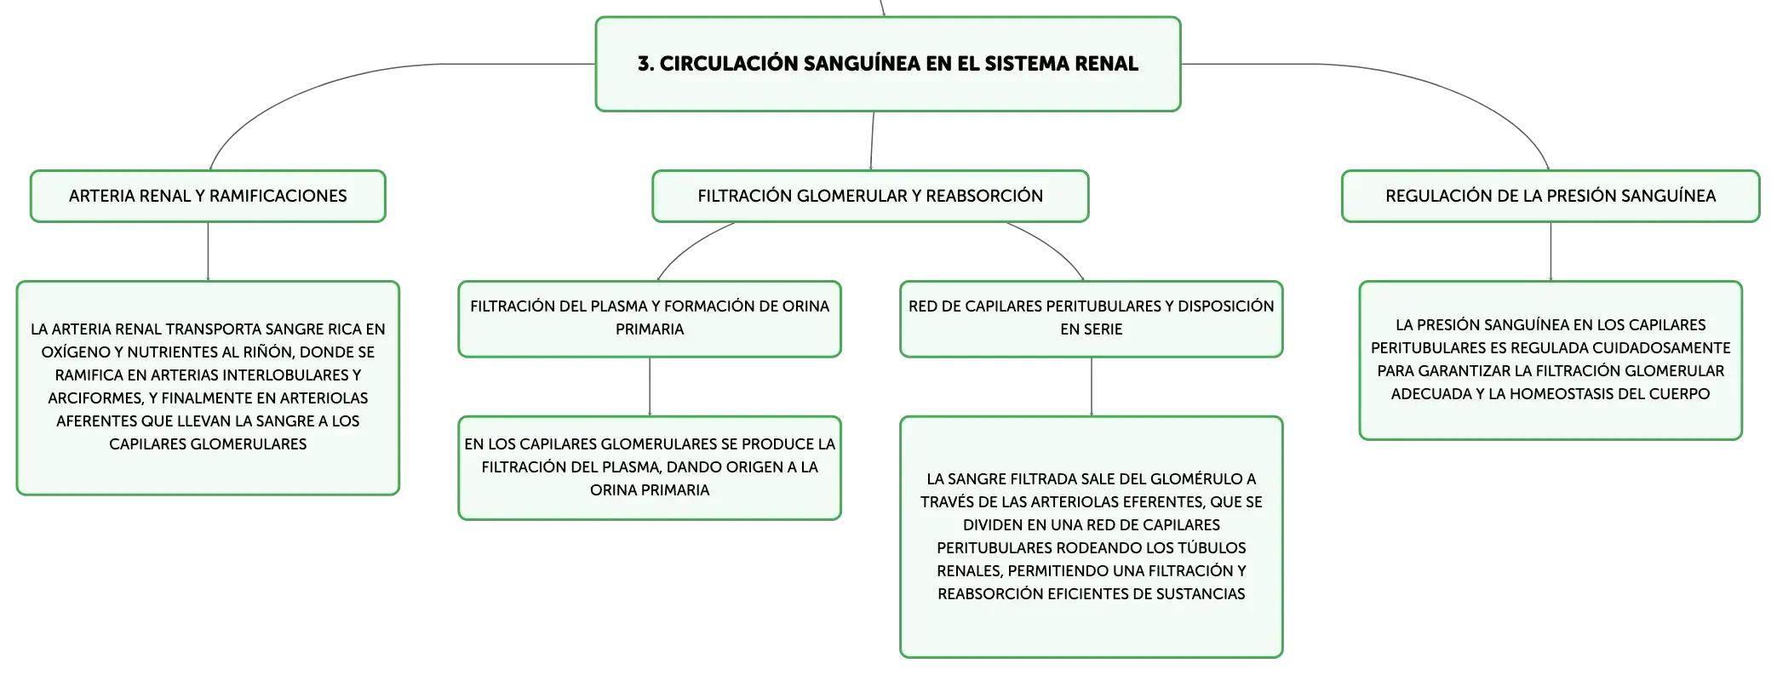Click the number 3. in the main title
pyautogui.click(x=646, y=64)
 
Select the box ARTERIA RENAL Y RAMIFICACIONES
pyautogui.click(x=208, y=196)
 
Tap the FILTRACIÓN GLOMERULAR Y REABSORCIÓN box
pyautogui.click(x=870, y=196)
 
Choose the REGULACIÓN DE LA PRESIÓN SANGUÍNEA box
pyautogui.click(x=1551, y=196)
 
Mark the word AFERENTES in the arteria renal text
pyautogui.click(x=95, y=420)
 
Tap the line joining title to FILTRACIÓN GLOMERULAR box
pyautogui.click(x=872, y=140)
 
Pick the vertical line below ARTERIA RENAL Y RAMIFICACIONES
pyautogui.click(x=208, y=251)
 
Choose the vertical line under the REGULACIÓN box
pyautogui.click(x=1551, y=251)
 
